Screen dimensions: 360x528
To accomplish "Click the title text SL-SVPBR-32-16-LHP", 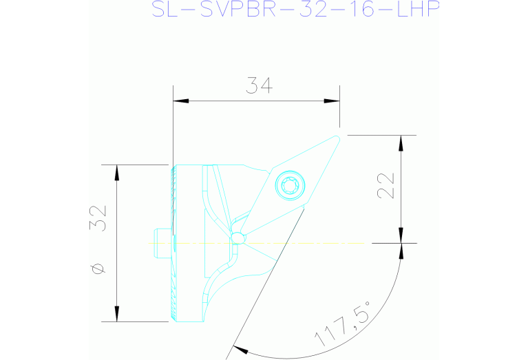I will click(295, 9).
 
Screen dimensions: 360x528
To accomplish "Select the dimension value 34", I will click(260, 86).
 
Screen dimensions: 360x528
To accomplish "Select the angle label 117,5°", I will click(344, 323).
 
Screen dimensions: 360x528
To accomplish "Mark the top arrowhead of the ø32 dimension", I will click(117, 173).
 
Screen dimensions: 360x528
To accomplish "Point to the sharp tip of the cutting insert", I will click(338, 136).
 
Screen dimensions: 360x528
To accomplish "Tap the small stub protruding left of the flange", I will click(159, 242).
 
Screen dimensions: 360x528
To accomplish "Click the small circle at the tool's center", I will click(237, 237).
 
